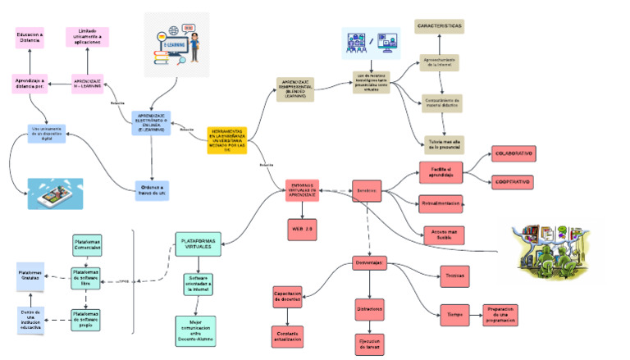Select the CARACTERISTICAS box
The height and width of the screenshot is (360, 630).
pyautogui.click(x=439, y=27)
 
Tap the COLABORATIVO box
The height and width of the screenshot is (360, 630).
pyautogui.click(x=512, y=153)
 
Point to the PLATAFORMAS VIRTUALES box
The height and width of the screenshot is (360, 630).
pyautogui.click(x=197, y=244)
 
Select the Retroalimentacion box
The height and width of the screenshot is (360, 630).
pyautogui.click(x=441, y=204)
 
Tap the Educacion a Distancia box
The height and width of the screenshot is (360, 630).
pyautogui.click(x=30, y=37)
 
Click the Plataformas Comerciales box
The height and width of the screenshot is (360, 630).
pyautogui.click(x=88, y=244)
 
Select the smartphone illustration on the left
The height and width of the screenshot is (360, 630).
pyautogui.click(x=55, y=194)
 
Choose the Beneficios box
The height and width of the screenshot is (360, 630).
pyautogui.click(x=367, y=191)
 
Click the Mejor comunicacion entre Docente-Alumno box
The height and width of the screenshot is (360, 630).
pyautogui.click(x=196, y=330)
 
